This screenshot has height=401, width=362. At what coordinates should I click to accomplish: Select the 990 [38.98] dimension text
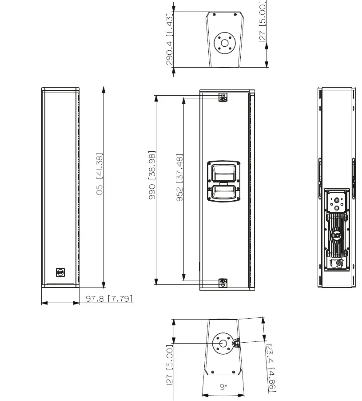coord(152,175)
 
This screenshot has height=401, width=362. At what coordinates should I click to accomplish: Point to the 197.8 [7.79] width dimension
coord(108,299)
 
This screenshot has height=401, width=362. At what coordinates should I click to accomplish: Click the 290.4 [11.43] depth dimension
coord(170,39)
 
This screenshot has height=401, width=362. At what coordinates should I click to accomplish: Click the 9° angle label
coord(223,387)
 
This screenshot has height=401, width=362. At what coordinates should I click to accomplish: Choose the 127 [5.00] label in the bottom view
coord(169,367)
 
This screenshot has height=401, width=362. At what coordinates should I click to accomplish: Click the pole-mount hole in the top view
coord(224,43)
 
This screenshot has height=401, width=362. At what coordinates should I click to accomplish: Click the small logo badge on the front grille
coord(60,272)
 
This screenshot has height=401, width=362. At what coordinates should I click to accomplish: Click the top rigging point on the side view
coord(223,97)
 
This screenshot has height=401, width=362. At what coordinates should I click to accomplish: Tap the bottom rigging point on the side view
coord(223,282)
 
